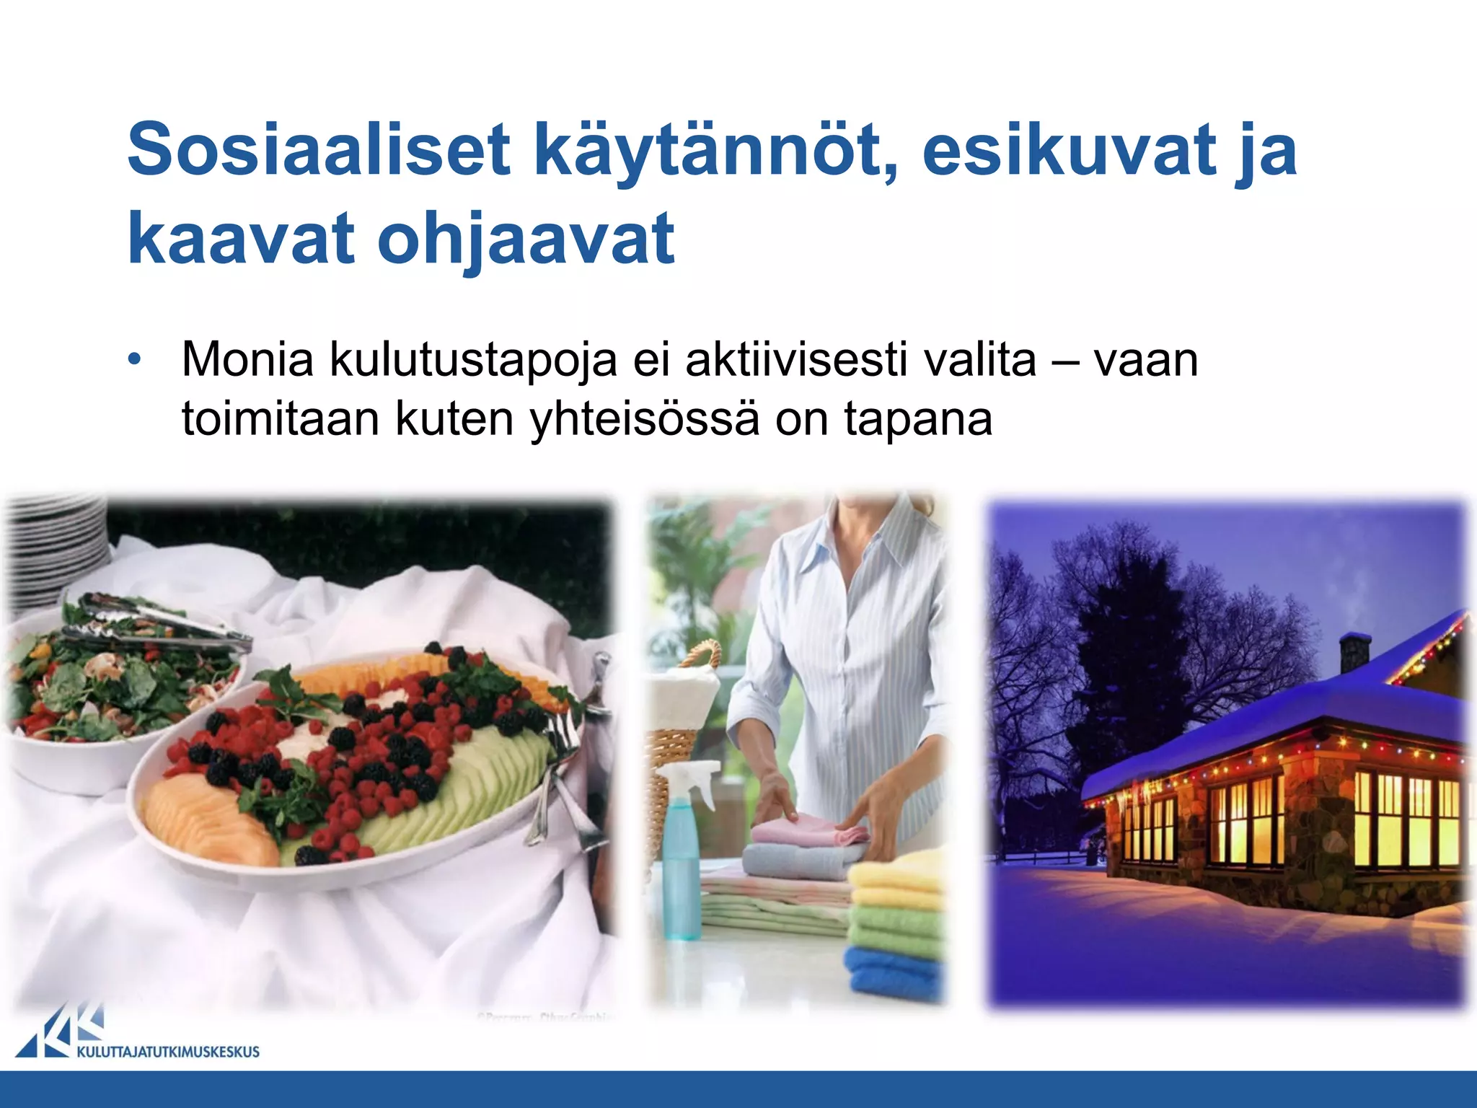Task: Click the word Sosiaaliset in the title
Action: tap(318, 150)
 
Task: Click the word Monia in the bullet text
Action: tap(247, 359)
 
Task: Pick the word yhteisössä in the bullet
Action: tap(645, 419)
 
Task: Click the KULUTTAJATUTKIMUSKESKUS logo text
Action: tap(167, 1052)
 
